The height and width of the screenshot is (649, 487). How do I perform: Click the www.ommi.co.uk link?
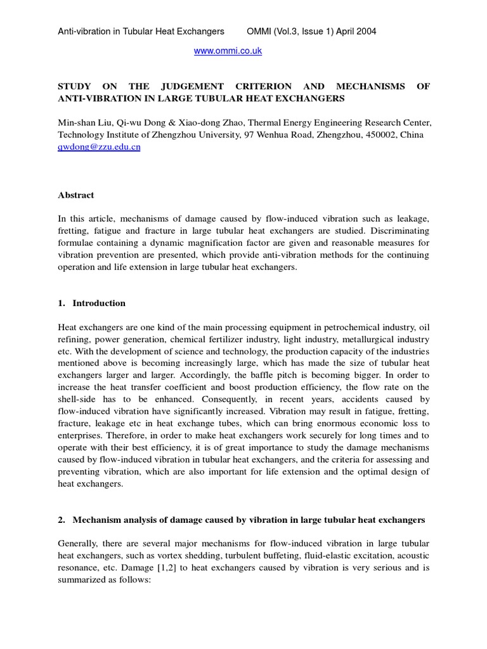[x=228, y=51]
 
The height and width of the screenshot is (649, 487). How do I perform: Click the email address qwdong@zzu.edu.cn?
[x=99, y=146]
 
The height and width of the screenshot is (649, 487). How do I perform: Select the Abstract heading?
[x=75, y=195]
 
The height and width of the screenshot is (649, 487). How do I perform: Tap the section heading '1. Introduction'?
[x=91, y=303]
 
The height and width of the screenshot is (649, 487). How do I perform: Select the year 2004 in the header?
[x=365, y=32]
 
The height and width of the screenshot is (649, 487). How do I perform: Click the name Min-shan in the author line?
[x=75, y=123]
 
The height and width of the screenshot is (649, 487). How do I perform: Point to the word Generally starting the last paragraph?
[x=79, y=544]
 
